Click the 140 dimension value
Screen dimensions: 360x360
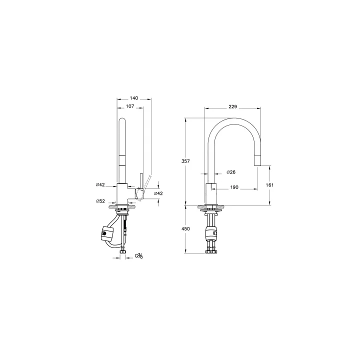(x=134, y=98)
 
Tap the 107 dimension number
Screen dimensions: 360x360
(x=130, y=106)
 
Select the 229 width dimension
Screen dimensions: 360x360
(x=233, y=107)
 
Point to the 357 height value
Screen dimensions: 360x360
(x=185, y=161)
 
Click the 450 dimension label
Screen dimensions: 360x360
(x=185, y=228)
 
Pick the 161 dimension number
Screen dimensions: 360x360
(x=270, y=185)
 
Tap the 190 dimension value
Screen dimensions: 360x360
(x=234, y=187)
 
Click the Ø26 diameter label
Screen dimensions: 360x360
(x=231, y=172)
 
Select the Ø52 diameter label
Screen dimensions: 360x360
(x=100, y=201)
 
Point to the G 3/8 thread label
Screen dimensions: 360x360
(x=139, y=255)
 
